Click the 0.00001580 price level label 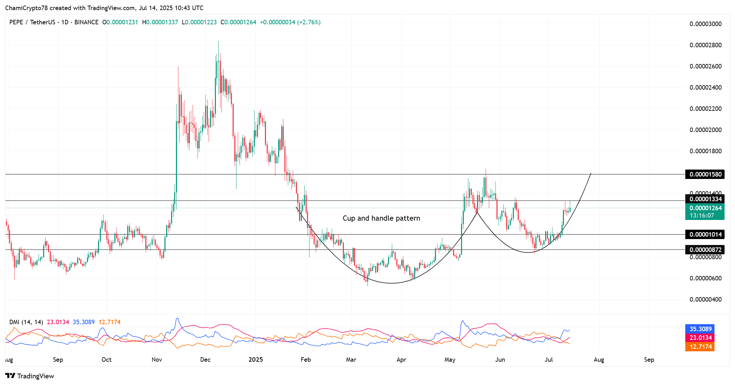705,174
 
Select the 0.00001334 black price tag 705,199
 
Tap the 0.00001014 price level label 705,235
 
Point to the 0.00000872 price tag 705,250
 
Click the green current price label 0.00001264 705,208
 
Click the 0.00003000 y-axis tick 705,24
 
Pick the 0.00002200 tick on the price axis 705,109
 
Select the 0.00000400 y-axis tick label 705,300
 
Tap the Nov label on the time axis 157,360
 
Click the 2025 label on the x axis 256,360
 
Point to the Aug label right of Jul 599,360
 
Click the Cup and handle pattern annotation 381,218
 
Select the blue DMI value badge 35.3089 700,329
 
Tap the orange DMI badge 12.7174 700,347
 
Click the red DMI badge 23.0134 700,338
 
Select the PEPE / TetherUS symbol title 32,22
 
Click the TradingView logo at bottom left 30,376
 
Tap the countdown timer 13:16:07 702,215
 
